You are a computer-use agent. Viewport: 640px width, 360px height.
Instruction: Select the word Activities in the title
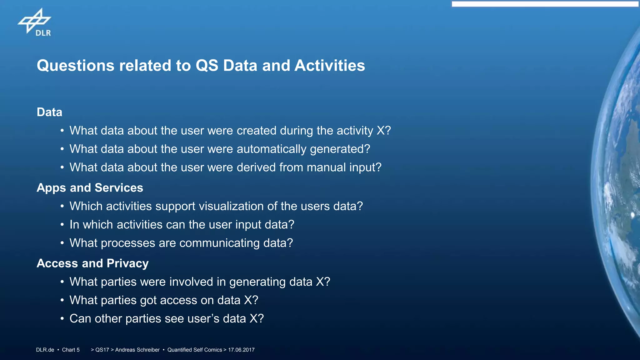pos(330,66)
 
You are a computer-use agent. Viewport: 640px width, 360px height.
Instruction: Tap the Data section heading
pos(49,112)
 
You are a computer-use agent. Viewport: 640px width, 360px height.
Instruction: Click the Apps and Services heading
pos(90,188)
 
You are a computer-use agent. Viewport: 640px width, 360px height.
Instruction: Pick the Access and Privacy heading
pos(92,263)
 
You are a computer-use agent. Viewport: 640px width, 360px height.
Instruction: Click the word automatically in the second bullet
pos(272,149)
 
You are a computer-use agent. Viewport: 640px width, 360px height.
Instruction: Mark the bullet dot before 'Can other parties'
pos(62,319)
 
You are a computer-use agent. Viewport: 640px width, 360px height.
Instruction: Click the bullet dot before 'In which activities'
pos(62,225)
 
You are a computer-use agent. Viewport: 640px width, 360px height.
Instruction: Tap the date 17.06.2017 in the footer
pos(241,350)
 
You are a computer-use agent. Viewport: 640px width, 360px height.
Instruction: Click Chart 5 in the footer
pos(71,350)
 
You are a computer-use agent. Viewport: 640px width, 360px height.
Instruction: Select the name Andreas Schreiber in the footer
pos(137,350)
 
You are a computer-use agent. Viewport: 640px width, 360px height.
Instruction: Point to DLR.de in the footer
pos(45,350)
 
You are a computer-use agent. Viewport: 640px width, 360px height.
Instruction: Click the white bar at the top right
pos(545,4)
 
